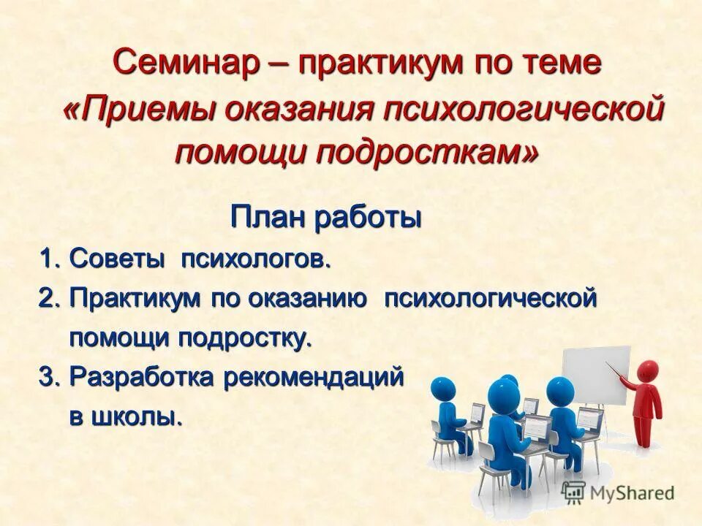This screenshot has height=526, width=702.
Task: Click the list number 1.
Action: pyautogui.click(x=48, y=259)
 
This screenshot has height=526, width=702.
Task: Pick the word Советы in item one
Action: pyautogui.click(x=117, y=259)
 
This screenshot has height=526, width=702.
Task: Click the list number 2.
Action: pyautogui.click(x=48, y=298)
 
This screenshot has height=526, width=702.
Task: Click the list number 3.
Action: pyautogui.click(x=48, y=377)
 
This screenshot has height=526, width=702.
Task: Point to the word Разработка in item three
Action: pyautogui.click(x=142, y=377)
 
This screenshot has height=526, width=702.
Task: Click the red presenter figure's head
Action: pyautogui.click(x=647, y=369)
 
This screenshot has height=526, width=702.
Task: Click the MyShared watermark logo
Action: pyautogui.click(x=618, y=491)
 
